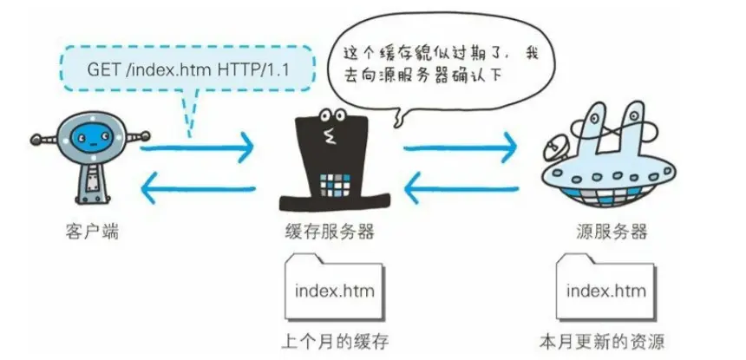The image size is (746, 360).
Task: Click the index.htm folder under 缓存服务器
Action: tap(334, 286)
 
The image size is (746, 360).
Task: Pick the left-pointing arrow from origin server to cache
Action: tap(460, 185)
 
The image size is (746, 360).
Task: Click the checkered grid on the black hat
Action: tap(336, 183)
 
